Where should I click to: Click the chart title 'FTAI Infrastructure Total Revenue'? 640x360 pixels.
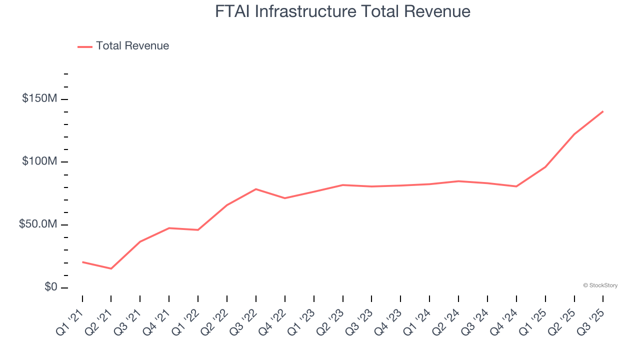coord(342,11)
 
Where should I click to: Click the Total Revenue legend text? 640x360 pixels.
coord(132,46)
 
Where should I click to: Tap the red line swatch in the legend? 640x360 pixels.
coord(85,46)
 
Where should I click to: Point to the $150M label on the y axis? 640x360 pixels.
coord(39,99)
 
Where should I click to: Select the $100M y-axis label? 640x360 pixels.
coord(39,162)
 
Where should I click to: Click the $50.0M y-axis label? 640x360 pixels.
coord(37,224)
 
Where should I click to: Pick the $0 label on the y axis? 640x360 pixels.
coord(50,287)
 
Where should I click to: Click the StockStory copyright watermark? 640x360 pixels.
coord(600,285)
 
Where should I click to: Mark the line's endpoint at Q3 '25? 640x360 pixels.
coord(603,111)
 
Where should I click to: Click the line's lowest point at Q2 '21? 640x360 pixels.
coord(111,268)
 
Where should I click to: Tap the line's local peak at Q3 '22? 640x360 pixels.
coord(256,189)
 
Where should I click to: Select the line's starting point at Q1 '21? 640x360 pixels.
coord(82,262)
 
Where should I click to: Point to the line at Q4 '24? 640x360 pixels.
coord(516,186)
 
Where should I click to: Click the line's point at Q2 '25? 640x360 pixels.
coord(574,134)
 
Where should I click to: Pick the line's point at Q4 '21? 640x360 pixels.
coord(169,228)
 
